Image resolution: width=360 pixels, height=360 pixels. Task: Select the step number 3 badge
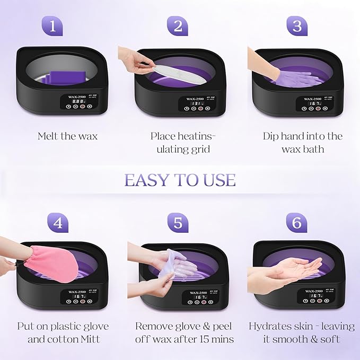[x=297, y=26]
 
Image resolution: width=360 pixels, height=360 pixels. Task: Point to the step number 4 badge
[x=57, y=223]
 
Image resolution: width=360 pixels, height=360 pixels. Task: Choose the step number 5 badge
[x=177, y=223]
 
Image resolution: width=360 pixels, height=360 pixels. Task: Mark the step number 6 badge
[x=297, y=223]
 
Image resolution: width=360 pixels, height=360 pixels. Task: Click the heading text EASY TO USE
[x=180, y=180]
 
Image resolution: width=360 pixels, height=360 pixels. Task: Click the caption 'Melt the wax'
[x=67, y=136]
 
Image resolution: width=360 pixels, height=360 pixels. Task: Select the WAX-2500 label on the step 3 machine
[x=313, y=99]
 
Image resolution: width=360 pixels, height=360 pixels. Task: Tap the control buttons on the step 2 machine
[x=196, y=108]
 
